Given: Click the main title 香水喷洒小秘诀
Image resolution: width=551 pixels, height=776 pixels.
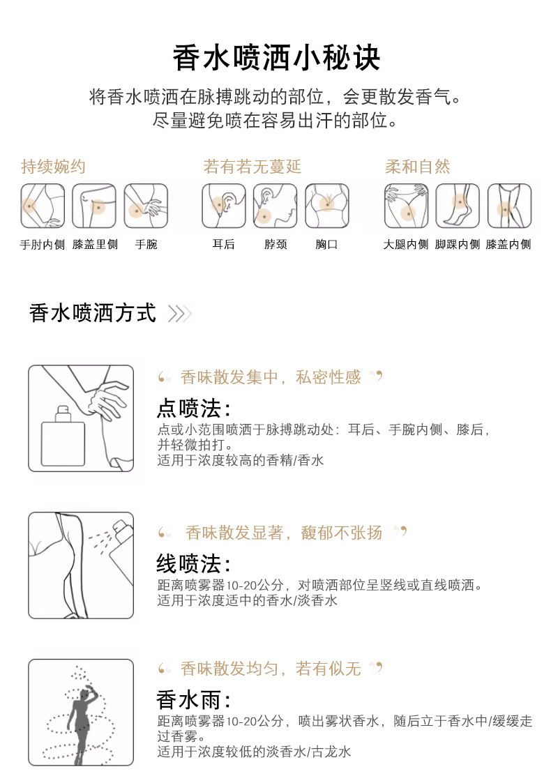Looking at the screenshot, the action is tap(276, 58).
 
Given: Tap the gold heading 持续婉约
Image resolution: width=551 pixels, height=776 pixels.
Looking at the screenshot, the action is tap(54, 167).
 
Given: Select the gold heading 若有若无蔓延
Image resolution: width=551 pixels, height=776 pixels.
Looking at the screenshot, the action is tap(252, 167).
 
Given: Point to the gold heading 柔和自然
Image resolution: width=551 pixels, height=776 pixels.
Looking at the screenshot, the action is tap(417, 167).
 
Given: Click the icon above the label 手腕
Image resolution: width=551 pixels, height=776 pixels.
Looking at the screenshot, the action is tap(146, 206).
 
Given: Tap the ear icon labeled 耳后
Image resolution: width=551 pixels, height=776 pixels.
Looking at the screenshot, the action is tap(223, 206).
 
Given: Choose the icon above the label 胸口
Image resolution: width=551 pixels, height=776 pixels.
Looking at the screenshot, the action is tap(326, 206).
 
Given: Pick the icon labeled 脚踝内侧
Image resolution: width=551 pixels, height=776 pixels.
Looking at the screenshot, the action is tap(458, 206).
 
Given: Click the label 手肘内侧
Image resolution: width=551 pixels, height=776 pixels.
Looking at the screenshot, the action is tap(42, 245).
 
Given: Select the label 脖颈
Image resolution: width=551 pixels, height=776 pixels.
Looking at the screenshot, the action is tap(275, 245).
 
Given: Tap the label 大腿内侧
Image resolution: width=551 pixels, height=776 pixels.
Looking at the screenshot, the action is tap(406, 245).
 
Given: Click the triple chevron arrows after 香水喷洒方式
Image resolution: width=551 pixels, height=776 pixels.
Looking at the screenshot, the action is tap(180, 314).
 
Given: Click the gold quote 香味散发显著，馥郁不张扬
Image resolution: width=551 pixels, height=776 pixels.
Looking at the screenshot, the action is tap(284, 533).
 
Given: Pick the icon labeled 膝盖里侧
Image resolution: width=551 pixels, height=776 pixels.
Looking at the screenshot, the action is tap(94, 206).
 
